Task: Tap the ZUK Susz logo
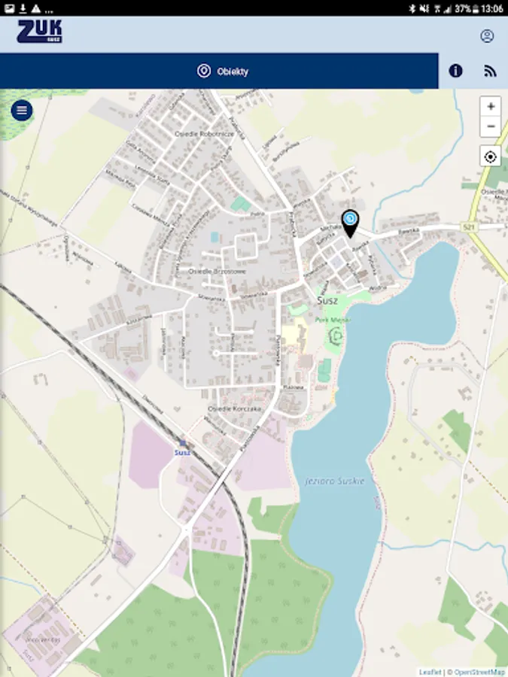pyautogui.click(x=39, y=32)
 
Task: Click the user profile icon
pyautogui.click(x=487, y=36)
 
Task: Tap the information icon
pyautogui.click(x=455, y=71)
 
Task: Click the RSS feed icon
pyautogui.click(x=491, y=71)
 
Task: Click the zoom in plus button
pyautogui.click(x=490, y=107)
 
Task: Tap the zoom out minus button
pyautogui.click(x=490, y=126)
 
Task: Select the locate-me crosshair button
pyautogui.click(x=490, y=156)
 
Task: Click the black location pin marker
pyautogui.click(x=351, y=222)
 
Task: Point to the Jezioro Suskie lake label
pyautogui.click(x=335, y=480)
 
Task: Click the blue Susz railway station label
pyautogui.click(x=182, y=452)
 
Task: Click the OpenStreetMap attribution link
pyautogui.click(x=479, y=672)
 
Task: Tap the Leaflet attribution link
pyautogui.click(x=430, y=672)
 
